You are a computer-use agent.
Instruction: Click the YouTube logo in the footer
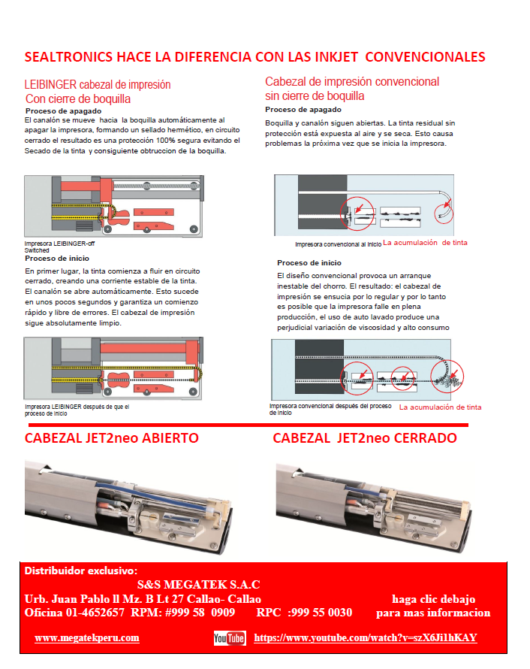[230, 638]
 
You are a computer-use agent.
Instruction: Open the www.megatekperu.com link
[87, 637]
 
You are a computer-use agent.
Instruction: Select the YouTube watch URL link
[366, 637]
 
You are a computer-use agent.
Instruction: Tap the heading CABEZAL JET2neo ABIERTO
[112, 438]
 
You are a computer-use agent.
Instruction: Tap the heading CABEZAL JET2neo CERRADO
[365, 438]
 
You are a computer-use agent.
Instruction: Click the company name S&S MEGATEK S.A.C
[199, 584]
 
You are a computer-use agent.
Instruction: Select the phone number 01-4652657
[95, 613]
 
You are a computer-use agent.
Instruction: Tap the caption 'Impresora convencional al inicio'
[338, 244]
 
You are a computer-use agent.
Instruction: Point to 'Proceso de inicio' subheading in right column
[309, 263]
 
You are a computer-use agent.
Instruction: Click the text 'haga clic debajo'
[433, 599]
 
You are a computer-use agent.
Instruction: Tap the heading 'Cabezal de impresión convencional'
[352, 82]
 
